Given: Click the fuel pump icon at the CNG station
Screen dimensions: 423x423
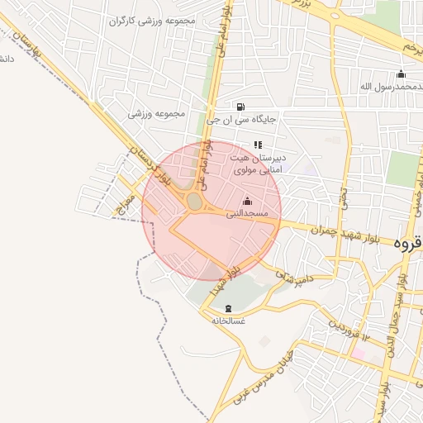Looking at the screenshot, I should (240, 106).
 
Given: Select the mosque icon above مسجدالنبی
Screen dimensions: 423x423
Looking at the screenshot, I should (247, 201).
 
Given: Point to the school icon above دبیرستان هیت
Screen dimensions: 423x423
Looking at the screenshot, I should (258, 145).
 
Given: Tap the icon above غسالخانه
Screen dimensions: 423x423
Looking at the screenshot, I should (228, 307).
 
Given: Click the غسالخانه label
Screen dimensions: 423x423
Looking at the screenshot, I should (228, 320).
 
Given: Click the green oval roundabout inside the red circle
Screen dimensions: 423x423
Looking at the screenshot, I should (195, 202).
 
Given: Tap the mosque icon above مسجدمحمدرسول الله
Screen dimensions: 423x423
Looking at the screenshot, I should (401, 74).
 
